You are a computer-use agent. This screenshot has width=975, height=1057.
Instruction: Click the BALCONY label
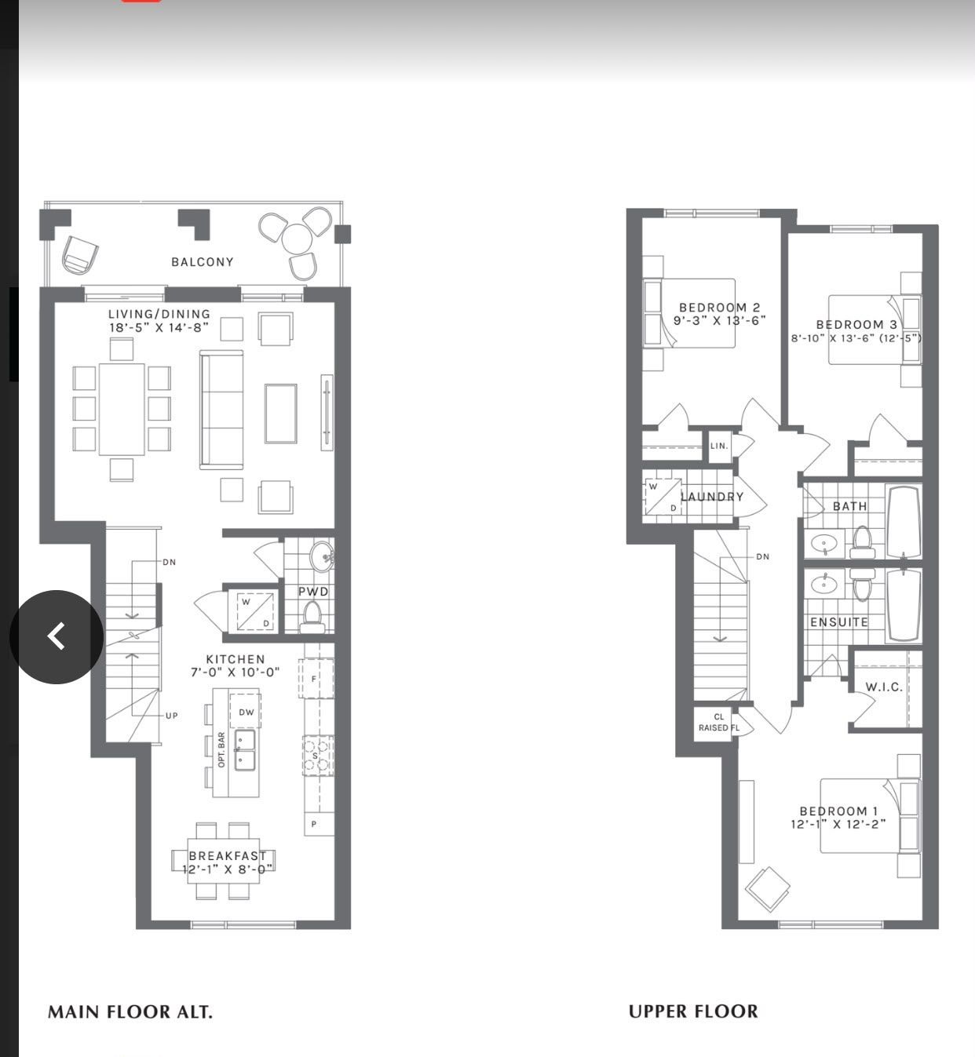coord(203,262)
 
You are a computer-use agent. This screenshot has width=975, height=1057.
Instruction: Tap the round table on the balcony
coord(297,239)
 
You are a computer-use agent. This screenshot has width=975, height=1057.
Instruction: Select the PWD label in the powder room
coord(313,592)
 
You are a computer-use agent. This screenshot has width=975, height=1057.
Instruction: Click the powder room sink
coord(322,556)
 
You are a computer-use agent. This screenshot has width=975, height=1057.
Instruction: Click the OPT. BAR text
coord(221,749)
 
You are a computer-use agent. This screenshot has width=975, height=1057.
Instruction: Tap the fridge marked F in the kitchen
coord(316,679)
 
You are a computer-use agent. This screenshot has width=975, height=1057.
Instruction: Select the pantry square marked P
coord(319,824)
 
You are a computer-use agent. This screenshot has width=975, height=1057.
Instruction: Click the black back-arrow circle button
coord(57,636)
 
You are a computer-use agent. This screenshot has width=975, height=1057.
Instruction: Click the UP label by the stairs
coord(171,716)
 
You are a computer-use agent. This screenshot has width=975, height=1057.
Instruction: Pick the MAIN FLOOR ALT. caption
coord(130,1011)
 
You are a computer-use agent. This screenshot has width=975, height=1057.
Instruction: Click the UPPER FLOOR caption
coord(693,1011)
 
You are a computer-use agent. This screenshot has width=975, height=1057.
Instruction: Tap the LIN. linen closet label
coord(719,446)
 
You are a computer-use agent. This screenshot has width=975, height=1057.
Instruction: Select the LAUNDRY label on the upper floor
coord(713,497)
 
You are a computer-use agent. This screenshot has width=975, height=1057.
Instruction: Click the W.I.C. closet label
coord(884,687)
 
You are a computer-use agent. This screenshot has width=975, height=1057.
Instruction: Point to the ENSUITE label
coord(839,622)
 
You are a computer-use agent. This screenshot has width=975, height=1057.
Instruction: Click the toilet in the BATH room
coord(862,541)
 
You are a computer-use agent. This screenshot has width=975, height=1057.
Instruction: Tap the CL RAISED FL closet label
coord(719,722)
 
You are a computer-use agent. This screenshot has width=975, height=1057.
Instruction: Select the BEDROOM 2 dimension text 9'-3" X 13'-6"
coord(719,320)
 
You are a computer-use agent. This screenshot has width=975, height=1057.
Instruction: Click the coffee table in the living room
coord(280,414)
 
